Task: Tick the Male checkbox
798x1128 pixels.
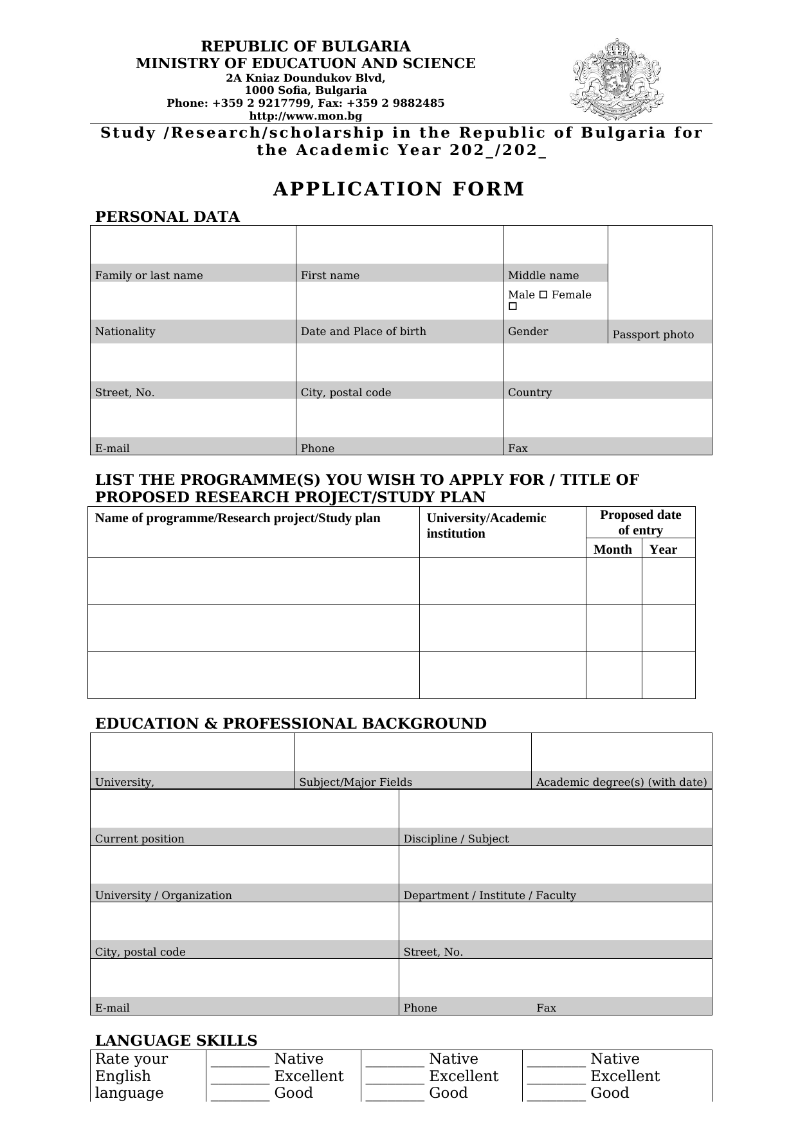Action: [543, 295]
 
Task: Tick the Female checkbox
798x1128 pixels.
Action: [512, 307]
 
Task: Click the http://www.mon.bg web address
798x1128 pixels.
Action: [305, 116]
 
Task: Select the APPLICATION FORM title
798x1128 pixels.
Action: [399, 189]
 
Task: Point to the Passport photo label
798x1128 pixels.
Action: [653, 334]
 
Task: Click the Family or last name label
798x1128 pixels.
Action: [149, 275]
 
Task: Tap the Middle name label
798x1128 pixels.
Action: [543, 275]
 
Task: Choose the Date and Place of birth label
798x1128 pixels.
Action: [363, 331]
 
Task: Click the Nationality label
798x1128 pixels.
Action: [125, 331]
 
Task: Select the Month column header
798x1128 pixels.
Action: [612, 549]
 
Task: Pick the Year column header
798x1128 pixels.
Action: [663, 549]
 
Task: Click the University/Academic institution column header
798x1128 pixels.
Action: [486, 525]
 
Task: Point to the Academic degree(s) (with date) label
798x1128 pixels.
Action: [621, 782]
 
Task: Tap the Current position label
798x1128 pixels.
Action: [140, 839]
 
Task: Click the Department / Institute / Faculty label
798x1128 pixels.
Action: [489, 895]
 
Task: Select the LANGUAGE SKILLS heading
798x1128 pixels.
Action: [176, 1041]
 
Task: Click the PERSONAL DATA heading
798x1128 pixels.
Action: [167, 217]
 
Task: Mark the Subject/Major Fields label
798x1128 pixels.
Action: [356, 782]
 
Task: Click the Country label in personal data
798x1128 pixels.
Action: [529, 392]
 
